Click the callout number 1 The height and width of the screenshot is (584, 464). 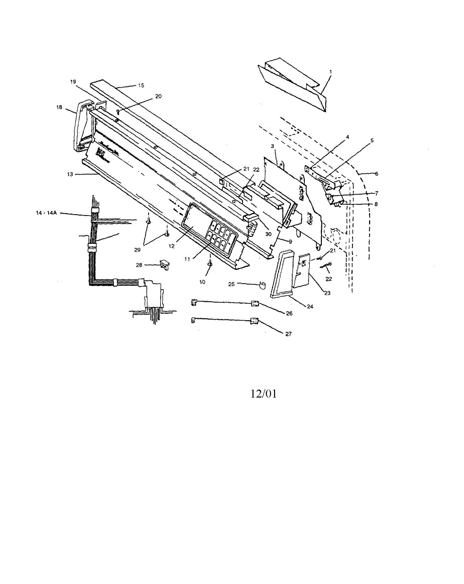331,72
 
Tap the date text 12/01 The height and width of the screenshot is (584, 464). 263,394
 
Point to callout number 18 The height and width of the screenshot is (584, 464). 59,108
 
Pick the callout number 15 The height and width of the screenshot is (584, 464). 141,85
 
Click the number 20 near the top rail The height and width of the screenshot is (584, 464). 158,96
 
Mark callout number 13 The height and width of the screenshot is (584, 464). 71,173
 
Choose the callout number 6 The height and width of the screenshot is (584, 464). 376,173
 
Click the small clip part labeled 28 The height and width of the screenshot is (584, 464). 164,265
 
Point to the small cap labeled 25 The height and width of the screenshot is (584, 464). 262,285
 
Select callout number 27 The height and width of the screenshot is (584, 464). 289,334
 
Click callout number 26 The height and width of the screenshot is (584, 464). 289,313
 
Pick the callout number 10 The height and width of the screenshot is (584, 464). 202,281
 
